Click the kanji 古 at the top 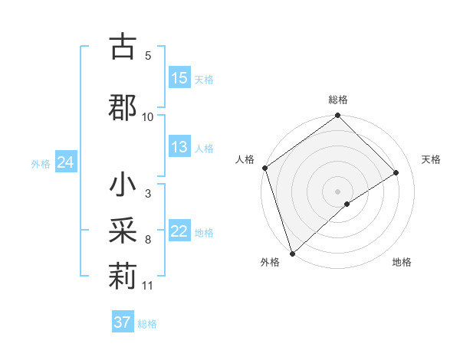point(123,47)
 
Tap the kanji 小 point(123,186)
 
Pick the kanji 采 point(123,229)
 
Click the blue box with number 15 point(179,78)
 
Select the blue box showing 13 point(179,148)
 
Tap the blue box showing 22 point(179,232)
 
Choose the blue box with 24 point(65,162)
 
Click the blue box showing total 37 point(123,322)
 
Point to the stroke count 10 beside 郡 point(148,116)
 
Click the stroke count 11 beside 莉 point(148,286)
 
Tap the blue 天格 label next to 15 point(204,79)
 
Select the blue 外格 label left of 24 point(41,163)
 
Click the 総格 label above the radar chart point(338,100)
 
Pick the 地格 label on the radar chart point(402,262)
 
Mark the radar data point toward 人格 point(264,169)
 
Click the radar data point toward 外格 point(292,253)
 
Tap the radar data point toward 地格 point(347,204)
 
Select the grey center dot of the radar point(337,191)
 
